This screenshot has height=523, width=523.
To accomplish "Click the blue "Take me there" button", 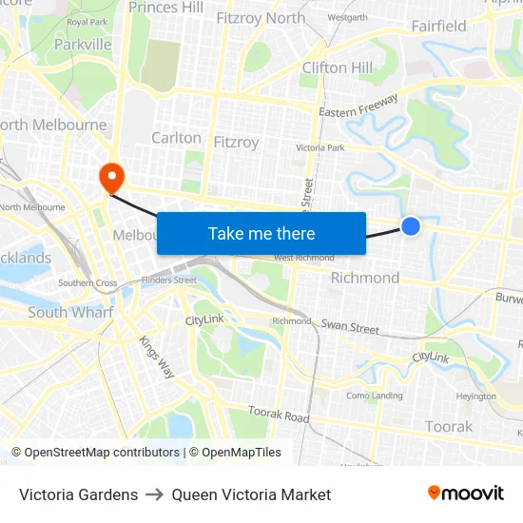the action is [261, 233].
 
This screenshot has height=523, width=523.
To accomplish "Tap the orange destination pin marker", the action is [111, 176].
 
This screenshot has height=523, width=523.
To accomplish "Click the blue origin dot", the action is [411, 225].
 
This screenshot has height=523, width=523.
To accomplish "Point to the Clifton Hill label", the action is [338, 68].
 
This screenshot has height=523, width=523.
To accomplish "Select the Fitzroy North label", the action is [261, 18].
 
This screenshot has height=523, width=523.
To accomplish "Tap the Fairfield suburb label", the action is [439, 26].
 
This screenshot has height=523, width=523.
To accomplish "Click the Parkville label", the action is [83, 44].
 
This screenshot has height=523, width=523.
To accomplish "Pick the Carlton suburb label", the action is [177, 138].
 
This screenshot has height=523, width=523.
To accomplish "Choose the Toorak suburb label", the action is [449, 426].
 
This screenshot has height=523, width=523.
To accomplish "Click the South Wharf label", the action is [70, 312].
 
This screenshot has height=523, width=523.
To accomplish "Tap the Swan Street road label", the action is [350, 327].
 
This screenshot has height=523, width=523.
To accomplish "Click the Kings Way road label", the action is [157, 357].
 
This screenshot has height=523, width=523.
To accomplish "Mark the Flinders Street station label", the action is [168, 280].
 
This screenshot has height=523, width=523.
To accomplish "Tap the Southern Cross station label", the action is [87, 282].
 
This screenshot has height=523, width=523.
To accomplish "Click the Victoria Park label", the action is [320, 148].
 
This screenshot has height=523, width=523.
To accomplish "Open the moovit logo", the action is [466, 493].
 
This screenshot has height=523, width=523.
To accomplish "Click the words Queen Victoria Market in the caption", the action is [251, 494].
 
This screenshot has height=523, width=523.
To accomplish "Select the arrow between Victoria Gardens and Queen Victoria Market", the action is [155, 494].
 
